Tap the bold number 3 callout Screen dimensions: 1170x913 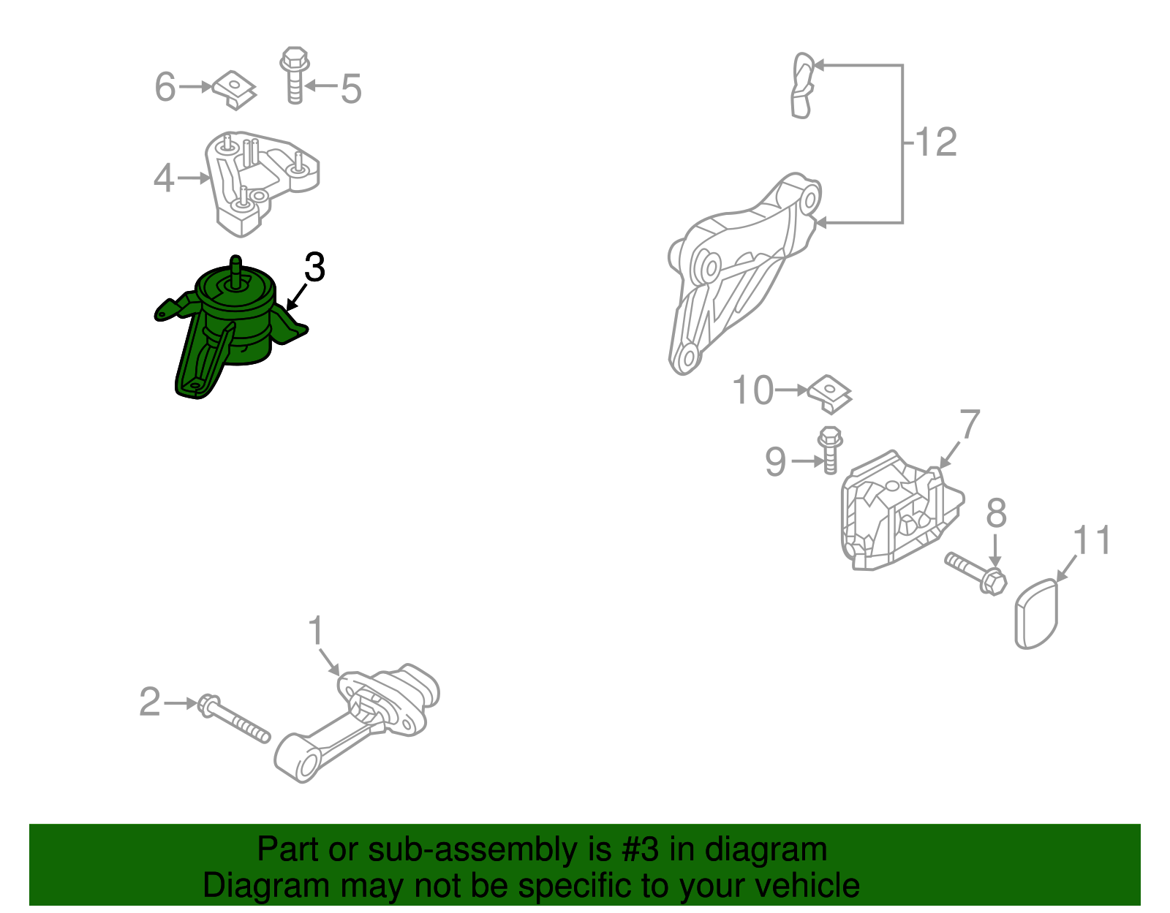[x=314, y=267]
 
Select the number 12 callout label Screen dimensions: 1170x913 [x=936, y=142]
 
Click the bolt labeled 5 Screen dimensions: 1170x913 [x=295, y=75]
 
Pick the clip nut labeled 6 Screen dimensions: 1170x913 [x=234, y=91]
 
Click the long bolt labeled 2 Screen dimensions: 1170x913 [x=234, y=719]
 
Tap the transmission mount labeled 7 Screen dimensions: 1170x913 [x=900, y=511]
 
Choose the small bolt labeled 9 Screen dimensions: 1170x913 [x=830, y=451]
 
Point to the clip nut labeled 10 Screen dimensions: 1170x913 [x=830, y=394]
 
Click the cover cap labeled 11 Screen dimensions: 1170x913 [x=1036, y=613]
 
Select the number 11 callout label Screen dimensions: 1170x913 [x=1092, y=539]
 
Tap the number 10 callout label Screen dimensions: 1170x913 [x=752, y=390]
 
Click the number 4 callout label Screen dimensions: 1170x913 [x=164, y=178]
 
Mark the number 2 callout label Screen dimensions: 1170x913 [x=150, y=702]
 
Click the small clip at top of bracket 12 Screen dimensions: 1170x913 [x=803, y=85]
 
